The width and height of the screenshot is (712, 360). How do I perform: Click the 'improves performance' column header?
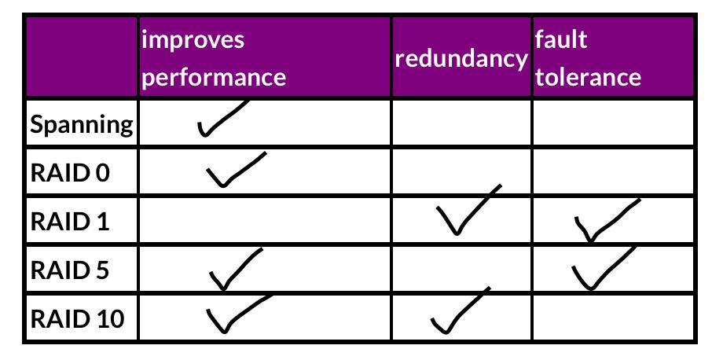pos(214,58)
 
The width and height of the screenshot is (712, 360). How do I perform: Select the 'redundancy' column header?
pos(461,59)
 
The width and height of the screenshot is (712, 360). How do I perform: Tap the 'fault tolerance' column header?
pos(588,58)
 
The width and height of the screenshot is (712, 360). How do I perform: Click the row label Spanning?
pos(82,124)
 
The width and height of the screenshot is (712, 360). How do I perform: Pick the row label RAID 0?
pos(70,173)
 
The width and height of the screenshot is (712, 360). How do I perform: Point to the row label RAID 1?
pos(70,222)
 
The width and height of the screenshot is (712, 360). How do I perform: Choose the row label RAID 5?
pos(70,270)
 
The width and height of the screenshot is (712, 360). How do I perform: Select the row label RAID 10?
pos(77,319)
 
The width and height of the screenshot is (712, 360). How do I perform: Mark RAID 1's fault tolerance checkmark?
pos(604,221)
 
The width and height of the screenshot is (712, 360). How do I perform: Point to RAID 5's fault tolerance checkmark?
pos(601,267)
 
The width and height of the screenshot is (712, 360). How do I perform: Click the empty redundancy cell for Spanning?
pos(461,123)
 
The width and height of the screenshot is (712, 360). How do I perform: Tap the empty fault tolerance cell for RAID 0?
pos(613,172)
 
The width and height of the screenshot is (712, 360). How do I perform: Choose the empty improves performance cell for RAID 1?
pos(265,221)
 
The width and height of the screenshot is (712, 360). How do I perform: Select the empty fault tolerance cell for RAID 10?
pos(613,318)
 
